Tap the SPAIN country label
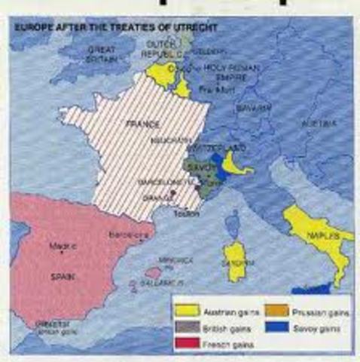pyautogui.click(x=63, y=277)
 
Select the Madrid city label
pyautogui.click(x=59, y=246)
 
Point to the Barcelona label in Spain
pyautogui.click(x=125, y=235)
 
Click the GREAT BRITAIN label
pyautogui.click(x=102, y=54)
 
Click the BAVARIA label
pyautogui.click(x=253, y=109)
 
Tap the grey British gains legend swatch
pyautogui.click(x=186, y=327)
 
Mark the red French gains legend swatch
pyautogui.click(x=186, y=344)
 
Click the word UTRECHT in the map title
pyautogui.click(x=194, y=27)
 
